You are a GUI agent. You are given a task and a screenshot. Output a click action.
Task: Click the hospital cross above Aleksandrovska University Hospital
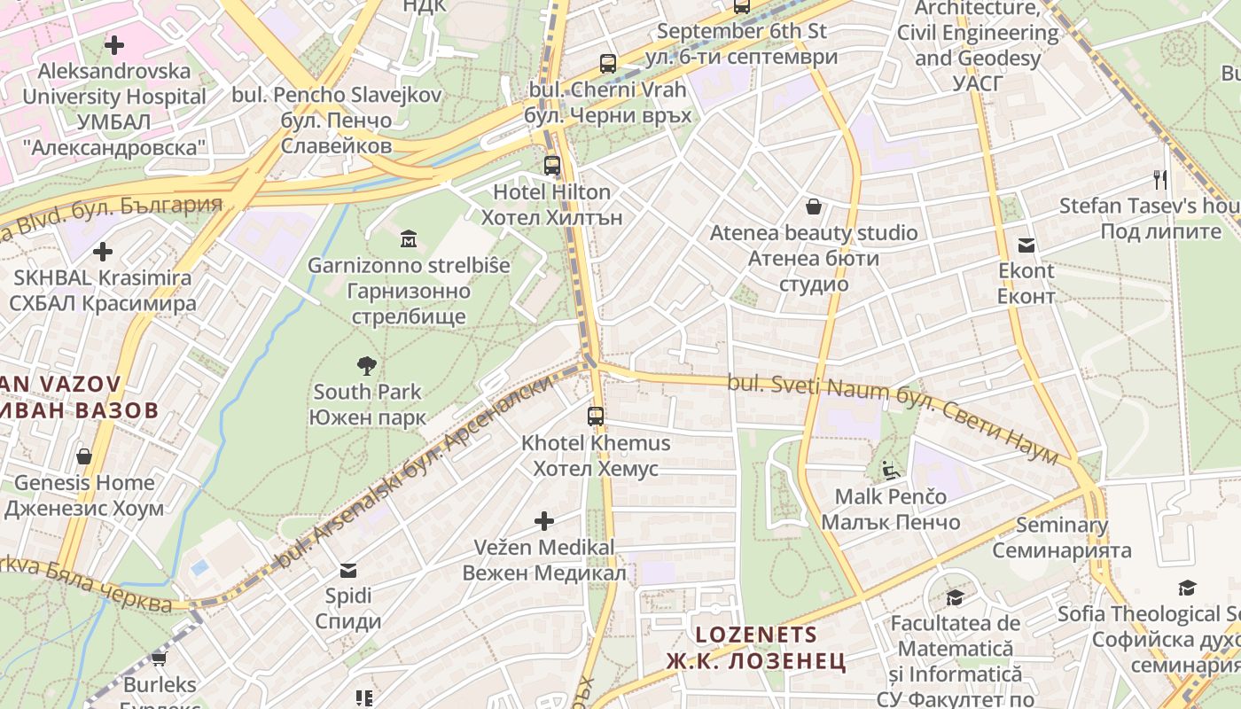114,44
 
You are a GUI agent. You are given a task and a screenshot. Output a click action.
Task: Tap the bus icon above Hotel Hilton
552,165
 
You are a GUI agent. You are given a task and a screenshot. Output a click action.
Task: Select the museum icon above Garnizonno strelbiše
408,238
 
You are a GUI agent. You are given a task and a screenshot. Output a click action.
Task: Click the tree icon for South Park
366,365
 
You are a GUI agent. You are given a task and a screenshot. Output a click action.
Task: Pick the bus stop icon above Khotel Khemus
596,416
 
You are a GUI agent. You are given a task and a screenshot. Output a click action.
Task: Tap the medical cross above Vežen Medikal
544,520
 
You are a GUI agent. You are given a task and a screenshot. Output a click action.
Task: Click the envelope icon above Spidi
348,569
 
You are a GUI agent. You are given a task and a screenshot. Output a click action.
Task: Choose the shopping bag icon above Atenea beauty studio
814,207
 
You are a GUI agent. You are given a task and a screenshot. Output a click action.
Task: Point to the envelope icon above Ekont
1026,245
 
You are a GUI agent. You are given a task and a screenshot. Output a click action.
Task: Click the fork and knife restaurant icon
1160,180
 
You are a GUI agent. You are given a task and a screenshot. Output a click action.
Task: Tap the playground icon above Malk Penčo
890,470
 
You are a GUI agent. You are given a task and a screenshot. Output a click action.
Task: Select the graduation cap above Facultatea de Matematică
955,597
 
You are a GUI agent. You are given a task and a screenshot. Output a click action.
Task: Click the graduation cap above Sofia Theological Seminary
1187,588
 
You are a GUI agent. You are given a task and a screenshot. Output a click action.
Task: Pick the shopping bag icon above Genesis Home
84,456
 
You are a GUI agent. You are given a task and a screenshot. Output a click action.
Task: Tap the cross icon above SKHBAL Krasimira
103,252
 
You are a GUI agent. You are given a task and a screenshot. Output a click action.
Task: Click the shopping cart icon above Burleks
160,658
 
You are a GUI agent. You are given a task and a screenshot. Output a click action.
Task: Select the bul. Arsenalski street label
416,469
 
